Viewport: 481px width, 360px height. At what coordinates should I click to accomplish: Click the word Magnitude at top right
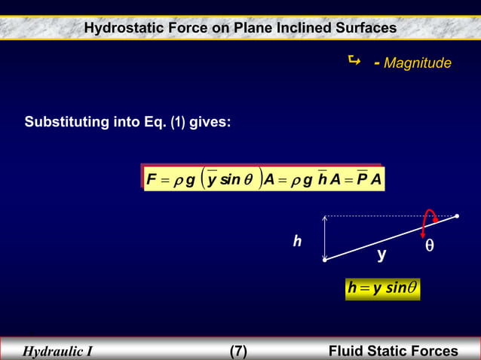click(418, 63)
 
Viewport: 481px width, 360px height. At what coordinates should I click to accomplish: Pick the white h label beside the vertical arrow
click(298, 241)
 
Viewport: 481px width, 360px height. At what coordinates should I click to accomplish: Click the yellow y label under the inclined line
click(382, 255)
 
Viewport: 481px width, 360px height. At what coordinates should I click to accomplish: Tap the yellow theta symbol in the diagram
click(429, 246)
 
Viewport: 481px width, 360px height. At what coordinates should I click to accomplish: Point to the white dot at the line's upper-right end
click(457, 216)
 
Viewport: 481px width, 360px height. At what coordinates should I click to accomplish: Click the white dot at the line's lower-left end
click(325, 261)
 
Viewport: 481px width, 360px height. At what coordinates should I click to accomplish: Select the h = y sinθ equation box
click(382, 288)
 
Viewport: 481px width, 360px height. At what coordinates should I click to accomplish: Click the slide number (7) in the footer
click(238, 351)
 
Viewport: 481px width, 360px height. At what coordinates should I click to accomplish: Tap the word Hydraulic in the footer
click(53, 351)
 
